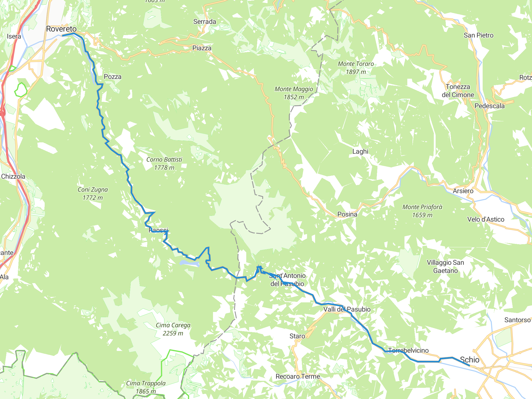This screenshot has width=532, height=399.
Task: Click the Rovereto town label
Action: pos(61,29)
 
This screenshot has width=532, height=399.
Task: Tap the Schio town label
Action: pos(469,360)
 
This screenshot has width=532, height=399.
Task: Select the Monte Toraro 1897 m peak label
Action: pos(356,68)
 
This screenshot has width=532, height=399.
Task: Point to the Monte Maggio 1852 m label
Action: pos(294,93)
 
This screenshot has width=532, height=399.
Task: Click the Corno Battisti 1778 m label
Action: pos(164,163)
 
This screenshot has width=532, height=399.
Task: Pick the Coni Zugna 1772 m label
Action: pos(92,194)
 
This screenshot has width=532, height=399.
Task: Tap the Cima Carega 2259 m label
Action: pos(173,329)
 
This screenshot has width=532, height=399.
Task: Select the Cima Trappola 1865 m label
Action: pos(146,387)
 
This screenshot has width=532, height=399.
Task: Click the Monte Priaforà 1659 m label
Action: pos(422,211)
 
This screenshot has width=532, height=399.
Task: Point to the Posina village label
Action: pos(347,214)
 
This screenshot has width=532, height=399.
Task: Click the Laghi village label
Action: pos(360,151)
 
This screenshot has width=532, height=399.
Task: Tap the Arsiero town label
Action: pos(463,191)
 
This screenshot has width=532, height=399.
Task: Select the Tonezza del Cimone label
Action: pos(458,91)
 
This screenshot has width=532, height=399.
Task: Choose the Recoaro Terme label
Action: pos(298,376)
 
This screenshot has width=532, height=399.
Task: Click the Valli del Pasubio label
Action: pos(347,309)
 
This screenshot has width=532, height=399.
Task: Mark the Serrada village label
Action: pos(204,22)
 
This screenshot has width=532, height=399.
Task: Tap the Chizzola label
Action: pos(13,176)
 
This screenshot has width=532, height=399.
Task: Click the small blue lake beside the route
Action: pos(189,263)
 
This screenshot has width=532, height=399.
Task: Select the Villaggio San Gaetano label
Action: pos(445,267)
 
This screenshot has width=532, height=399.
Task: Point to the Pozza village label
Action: pos(112,77)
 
